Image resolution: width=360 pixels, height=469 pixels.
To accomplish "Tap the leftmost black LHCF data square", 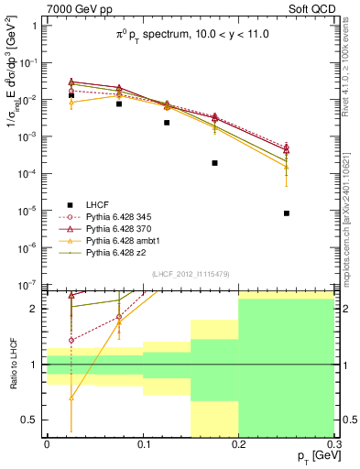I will (x=71, y=95).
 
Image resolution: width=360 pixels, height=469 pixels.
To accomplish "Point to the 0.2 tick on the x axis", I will (x=238, y=444).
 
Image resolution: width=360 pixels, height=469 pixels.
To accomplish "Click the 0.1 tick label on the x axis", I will (x=142, y=444).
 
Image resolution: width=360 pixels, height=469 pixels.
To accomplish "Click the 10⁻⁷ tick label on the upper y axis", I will (x=27, y=286).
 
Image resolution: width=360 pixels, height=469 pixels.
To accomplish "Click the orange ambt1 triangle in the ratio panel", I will (x=71, y=398).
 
